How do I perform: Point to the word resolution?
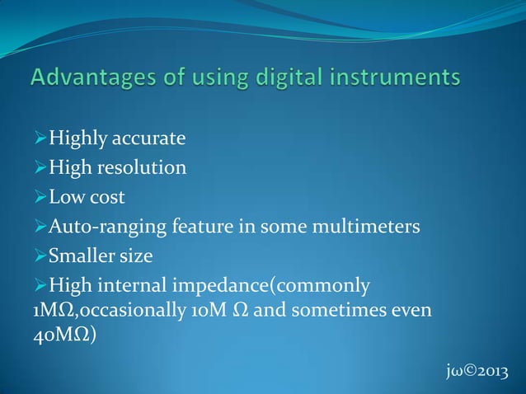tap(141, 168)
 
